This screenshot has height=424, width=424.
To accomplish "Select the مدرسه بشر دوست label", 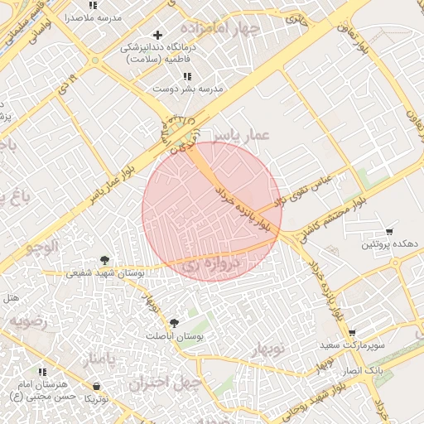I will coord(193,89).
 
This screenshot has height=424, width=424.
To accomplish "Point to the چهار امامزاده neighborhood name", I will coord(224,31).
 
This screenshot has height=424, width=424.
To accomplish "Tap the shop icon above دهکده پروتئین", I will coord(389,231).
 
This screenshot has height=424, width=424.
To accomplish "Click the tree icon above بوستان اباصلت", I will coord(174,323).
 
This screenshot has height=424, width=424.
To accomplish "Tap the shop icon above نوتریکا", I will coord(97,386).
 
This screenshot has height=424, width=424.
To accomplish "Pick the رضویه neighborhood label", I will coord(29,319).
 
